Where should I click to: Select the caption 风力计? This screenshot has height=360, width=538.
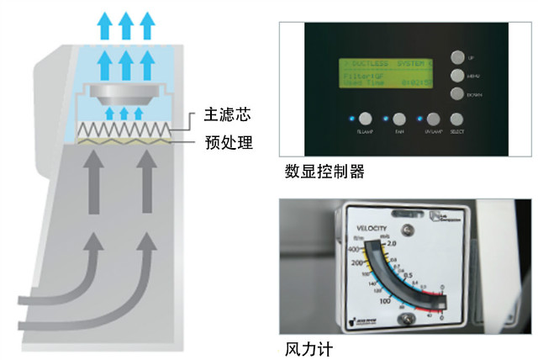pos(304,346)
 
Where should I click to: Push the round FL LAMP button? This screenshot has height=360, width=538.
pos(367,119)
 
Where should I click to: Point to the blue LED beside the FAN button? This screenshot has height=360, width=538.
pos(385,119)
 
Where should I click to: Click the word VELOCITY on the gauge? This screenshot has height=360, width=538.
pos(369,229)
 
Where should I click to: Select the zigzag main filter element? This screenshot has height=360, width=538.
pos(124,130)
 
